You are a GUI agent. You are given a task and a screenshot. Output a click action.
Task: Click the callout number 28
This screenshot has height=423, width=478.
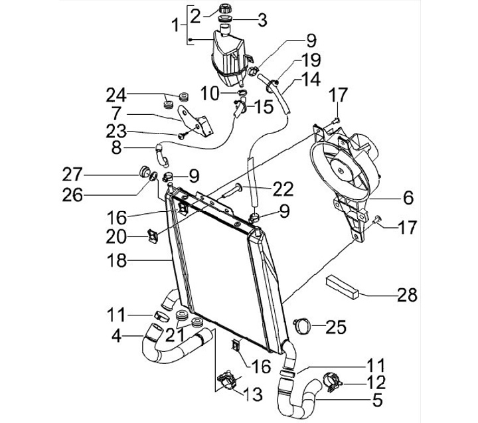pyautogui.click(x=407, y=295)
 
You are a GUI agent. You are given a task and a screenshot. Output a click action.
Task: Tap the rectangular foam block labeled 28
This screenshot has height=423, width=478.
pyautogui.click(x=343, y=287)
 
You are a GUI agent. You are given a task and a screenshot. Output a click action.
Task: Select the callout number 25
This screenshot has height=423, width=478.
pyautogui.click(x=336, y=327)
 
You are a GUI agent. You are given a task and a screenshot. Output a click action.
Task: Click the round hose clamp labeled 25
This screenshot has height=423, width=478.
pyautogui.click(x=303, y=325)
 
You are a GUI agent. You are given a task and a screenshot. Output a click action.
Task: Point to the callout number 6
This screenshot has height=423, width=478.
pyautogui.click(x=408, y=198)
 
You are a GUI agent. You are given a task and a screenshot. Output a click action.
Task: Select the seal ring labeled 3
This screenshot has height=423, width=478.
pyautogui.click(x=226, y=19)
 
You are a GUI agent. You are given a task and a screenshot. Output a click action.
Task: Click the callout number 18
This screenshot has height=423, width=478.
pyautogui.click(x=116, y=261)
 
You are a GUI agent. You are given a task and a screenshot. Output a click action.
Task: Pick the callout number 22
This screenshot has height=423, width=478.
pyautogui.click(x=283, y=189)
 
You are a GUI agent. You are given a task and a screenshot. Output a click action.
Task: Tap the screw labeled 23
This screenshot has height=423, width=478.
pyautogui.click(x=183, y=135)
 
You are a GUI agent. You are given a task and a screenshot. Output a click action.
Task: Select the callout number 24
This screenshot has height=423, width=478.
pyautogui.click(x=116, y=95)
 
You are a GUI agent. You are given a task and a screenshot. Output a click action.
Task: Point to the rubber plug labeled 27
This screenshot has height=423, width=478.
pyautogui.click(x=144, y=172)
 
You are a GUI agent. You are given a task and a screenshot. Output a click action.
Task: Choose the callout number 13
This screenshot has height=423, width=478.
pyautogui.click(x=253, y=394)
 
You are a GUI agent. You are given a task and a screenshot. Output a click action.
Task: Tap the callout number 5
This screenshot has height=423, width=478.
pyautogui.click(x=377, y=400)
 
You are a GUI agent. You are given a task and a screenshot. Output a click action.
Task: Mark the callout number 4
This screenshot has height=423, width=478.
pyautogui.click(x=116, y=336)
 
